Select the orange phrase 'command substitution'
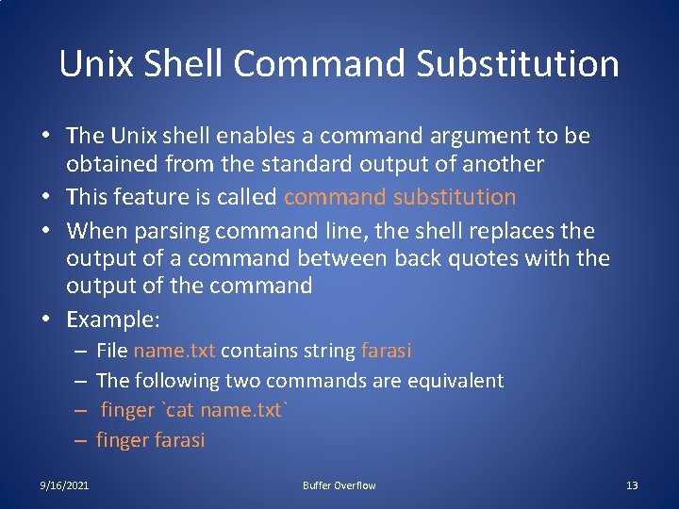(400, 197)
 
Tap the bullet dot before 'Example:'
(46, 320)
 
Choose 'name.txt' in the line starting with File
(174, 352)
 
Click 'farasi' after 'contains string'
(386, 352)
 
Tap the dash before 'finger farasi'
(81, 440)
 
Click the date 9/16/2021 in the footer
(65, 485)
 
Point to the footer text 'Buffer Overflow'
(339, 485)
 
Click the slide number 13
(632, 485)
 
